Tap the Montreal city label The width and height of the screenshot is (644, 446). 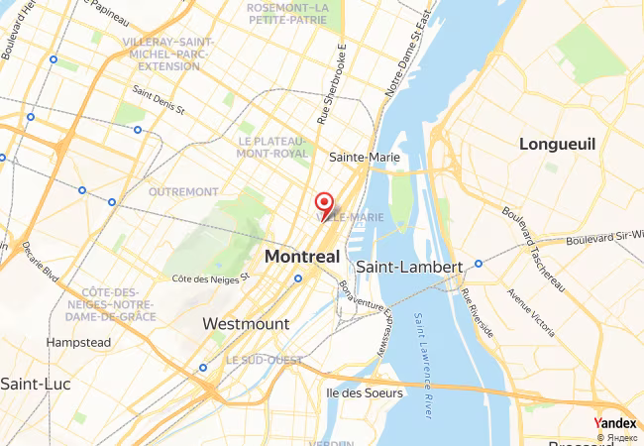(x=301, y=257)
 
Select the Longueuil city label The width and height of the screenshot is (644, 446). (x=557, y=145)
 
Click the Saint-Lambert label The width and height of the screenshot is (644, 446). (x=409, y=268)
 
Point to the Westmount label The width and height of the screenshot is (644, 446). (x=246, y=324)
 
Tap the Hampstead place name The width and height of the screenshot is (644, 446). (x=77, y=342)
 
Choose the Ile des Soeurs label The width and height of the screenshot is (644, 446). (x=365, y=392)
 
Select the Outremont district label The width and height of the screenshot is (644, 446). (x=182, y=191)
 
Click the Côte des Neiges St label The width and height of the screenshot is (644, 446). (x=210, y=279)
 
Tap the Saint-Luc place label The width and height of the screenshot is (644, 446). (x=26, y=384)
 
